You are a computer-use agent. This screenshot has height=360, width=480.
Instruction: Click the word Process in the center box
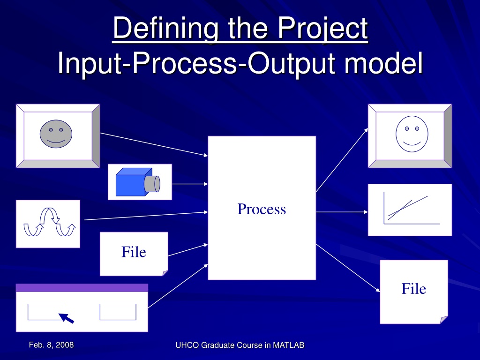point(262,209)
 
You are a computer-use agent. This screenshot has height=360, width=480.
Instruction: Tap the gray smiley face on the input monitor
point(56,134)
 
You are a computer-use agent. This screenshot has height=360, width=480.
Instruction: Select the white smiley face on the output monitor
point(412,134)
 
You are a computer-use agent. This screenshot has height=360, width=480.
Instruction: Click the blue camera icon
point(138,182)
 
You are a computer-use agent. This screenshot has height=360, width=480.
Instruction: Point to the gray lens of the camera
point(152,184)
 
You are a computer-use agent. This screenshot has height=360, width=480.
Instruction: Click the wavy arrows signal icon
point(50,223)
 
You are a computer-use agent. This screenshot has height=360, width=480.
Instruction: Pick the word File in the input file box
point(134,252)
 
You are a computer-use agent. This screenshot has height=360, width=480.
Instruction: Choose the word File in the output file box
point(413,289)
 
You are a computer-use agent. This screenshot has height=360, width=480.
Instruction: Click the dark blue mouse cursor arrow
point(66,318)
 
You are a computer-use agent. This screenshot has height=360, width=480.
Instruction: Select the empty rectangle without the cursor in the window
point(118,312)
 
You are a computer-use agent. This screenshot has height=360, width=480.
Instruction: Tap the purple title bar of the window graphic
point(82,288)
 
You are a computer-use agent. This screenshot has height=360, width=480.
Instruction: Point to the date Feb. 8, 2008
point(52,345)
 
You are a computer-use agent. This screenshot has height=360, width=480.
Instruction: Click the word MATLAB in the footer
point(289,345)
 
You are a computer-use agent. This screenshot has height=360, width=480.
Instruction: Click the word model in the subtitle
point(383,63)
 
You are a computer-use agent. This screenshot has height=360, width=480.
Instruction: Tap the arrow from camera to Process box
point(190,184)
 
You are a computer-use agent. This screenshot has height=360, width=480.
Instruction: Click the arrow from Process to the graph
point(342,212)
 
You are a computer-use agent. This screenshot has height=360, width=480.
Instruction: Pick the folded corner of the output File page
point(444,320)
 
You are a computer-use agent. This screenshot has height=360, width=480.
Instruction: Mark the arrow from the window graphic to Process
point(178,286)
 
